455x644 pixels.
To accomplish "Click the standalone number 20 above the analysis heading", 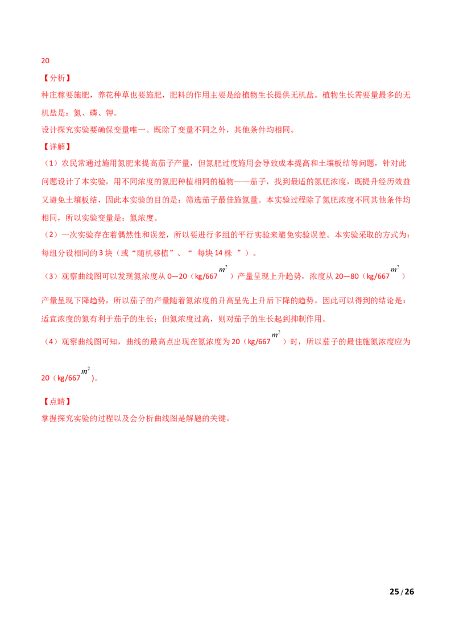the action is (x=45, y=61).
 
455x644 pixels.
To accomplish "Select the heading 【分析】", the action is (x=56, y=78).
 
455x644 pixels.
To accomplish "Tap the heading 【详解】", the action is (x=56, y=147).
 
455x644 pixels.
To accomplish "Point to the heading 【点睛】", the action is (x=56, y=402).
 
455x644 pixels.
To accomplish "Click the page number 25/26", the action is (x=402, y=592).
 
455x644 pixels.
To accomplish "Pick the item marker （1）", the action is (x=51, y=163).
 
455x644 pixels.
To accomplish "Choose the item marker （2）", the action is (x=51, y=235).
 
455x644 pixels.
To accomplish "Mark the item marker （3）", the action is (x=51, y=276).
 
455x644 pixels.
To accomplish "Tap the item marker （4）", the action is (x=51, y=342).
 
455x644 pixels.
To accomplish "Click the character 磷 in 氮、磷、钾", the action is (x=94, y=113).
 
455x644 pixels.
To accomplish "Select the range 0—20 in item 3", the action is (x=177, y=276).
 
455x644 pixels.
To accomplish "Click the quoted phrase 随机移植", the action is (x=153, y=253).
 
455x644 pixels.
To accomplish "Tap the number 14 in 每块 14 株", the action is (x=218, y=253).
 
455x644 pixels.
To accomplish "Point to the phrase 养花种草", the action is (x=114, y=95).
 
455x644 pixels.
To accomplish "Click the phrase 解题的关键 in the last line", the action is (x=206, y=419).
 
